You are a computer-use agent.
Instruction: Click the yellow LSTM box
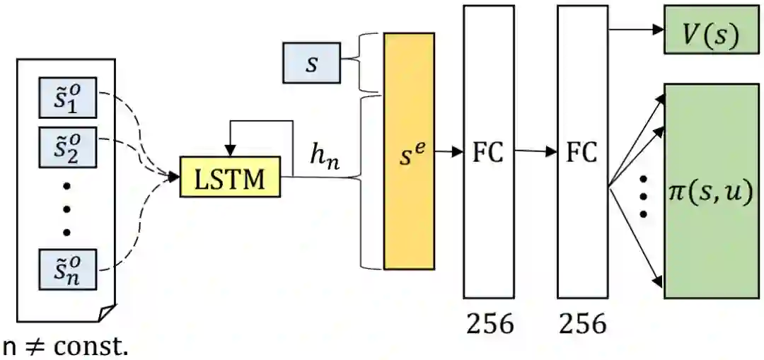click(230, 176)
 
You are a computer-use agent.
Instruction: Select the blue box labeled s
click(311, 63)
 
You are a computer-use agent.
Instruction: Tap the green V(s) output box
click(710, 33)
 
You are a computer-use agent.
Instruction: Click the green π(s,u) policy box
click(710, 191)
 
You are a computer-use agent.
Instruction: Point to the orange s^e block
click(409, 151)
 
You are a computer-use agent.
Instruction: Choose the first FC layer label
click(488, 152)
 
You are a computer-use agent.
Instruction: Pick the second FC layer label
click(582, 152)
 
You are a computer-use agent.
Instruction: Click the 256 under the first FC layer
click(490, 323)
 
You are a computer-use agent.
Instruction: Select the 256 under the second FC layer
click(583, 323)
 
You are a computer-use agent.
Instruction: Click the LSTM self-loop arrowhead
click(229, 151)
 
